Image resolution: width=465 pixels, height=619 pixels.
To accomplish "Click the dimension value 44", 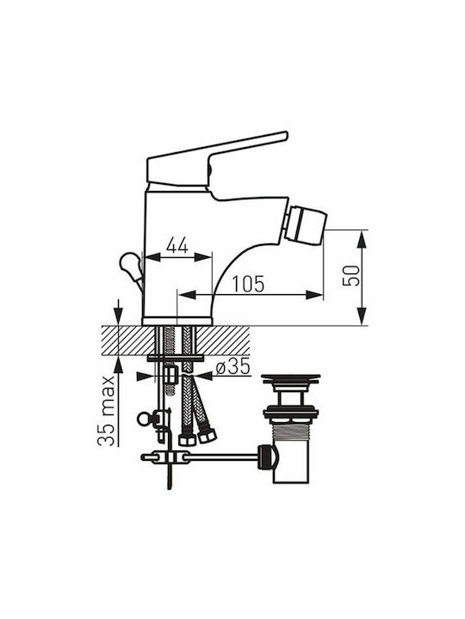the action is point(177,246).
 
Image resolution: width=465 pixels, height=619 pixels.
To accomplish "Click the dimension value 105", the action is point(247,284).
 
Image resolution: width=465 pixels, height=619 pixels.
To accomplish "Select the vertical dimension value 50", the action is point(351,276).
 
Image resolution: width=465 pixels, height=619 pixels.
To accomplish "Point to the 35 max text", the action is point(106,411).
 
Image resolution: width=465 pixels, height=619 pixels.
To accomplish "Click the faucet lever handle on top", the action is point(217,161).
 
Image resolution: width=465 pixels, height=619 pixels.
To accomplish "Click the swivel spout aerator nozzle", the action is point(306,224).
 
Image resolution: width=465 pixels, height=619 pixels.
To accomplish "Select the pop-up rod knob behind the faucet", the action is point(129,265).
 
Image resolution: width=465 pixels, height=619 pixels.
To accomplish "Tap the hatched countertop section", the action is point(176,340).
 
